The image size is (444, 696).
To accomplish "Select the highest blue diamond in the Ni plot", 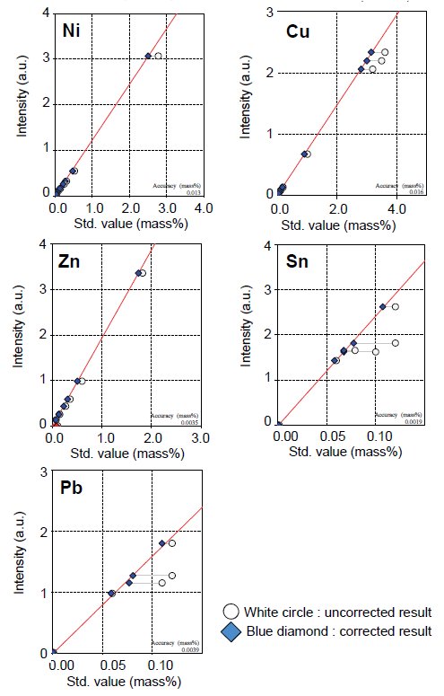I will tap(148, 56).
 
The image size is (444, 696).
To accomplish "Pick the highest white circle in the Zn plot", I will tap(143, 272).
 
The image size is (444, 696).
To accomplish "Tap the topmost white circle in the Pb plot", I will tap(171, 543).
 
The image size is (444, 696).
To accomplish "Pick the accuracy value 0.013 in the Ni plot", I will tap(193, 193).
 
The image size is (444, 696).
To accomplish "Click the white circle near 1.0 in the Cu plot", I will tap(308, 154).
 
